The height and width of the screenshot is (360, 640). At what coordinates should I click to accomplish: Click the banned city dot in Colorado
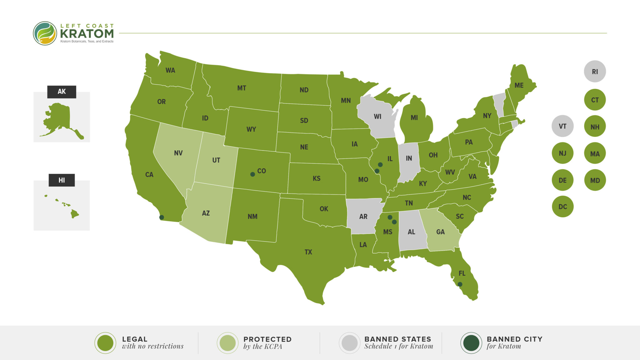click(x=253, y=174)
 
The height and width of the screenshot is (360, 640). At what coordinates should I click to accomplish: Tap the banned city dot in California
click(x=162, y=217)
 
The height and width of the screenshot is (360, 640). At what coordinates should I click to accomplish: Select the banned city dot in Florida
click(x=460, y=284)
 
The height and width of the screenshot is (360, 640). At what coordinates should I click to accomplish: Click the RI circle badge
click(x=595, y=72)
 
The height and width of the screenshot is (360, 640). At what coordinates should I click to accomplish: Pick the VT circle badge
click(x=562, y=126)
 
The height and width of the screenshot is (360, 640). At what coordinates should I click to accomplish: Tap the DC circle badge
click(x=562, y=207)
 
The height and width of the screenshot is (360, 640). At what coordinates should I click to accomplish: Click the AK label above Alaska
click(x=62, y=92)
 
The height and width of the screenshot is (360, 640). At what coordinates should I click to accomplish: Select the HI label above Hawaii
click(x=62, y=180)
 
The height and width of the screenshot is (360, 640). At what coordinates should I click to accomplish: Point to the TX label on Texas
click(x=308, y=252)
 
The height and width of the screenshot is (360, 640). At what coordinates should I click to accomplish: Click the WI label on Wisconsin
click(x=377, y=117)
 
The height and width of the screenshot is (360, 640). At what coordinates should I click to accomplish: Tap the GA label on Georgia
click(x=440, y=232)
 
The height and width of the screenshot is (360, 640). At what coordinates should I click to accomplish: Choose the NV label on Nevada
click(x=178, y=153)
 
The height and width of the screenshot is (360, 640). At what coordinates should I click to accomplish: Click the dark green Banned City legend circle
click(x=471, y=343)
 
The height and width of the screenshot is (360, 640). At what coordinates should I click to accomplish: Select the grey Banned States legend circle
click(x=349, y=343)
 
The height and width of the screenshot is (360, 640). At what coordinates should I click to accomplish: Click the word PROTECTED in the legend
click(x=267, y=339)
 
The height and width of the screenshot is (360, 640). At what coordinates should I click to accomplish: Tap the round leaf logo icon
click(x=45, y=33)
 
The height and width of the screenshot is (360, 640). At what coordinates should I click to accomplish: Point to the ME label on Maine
click(x=519, y=85)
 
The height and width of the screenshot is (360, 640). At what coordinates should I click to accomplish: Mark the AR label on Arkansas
click(x=363, y=216)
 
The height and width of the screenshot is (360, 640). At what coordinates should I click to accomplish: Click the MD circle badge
click(x=595, y=180)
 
